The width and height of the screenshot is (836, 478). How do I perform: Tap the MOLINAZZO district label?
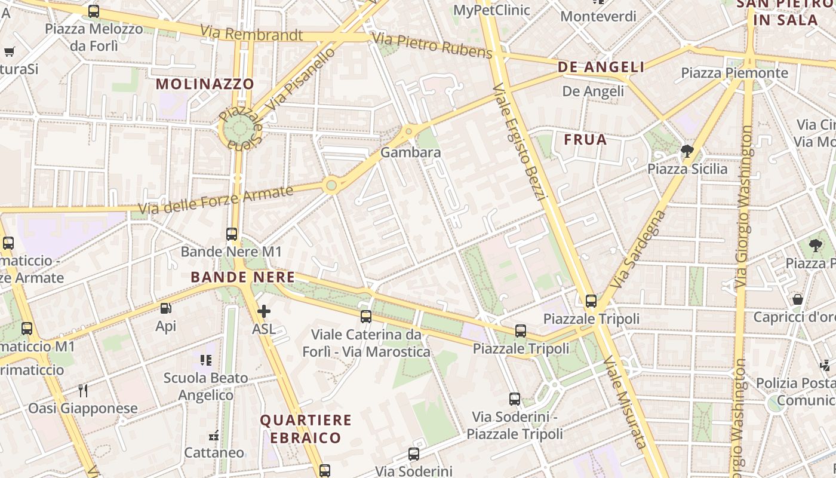pos(205,84)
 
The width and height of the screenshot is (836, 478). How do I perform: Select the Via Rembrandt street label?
pos(251,33)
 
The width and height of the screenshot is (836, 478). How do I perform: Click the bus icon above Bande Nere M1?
pos(232,234)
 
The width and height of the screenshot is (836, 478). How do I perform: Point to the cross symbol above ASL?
pos(264,311)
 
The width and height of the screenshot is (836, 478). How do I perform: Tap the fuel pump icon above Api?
pos(165,308)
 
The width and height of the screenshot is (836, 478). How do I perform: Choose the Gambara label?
pos(411,152)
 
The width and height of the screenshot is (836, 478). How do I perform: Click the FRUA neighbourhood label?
pos(585,140)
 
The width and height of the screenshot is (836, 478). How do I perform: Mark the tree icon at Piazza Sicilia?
pos(687,151)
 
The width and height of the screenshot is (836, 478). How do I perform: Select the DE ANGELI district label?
pos(601,67)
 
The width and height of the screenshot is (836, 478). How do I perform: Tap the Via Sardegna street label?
pos(638,248)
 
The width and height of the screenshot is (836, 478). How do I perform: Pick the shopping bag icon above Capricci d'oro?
pos(798,299)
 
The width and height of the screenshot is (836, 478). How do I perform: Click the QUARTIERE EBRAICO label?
pos(305,429)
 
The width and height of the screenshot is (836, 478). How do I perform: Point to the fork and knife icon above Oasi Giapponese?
pos(83,391)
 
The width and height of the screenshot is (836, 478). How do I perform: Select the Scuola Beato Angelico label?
pos(205,387)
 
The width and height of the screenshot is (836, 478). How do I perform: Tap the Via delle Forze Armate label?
pos(216,200)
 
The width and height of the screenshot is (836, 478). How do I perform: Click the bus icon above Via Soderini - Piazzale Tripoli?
pos(514,399)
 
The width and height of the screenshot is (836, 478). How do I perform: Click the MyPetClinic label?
pos(491,10)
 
